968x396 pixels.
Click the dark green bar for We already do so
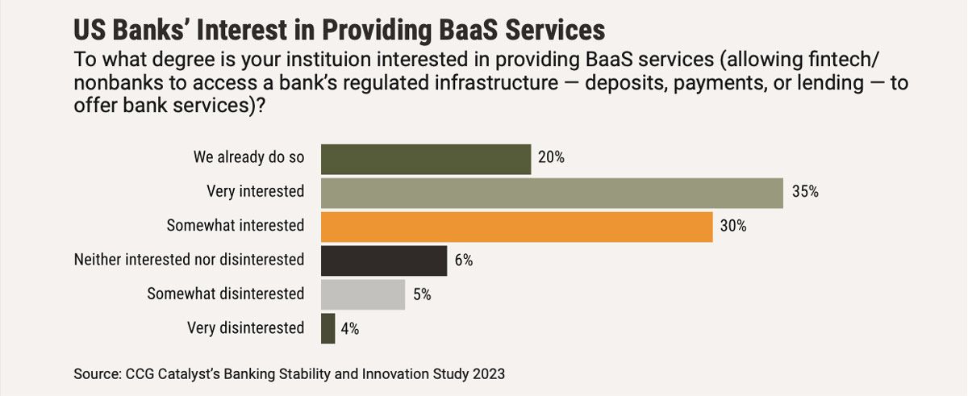pyautogui.click(x=426, y=159)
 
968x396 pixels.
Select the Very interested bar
pyautogui.click(x=552, y=193)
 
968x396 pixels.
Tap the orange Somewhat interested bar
pyautogui.click(x=516, y=227)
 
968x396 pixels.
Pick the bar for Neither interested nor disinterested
pyautogui.click(x=384, y=261)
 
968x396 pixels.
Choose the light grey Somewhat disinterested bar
pyautogui.click(x=363, y=294)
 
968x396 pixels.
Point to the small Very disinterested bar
pyautogui.click(x=328, y=328)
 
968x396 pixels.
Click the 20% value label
pyautogui.click(x=551, y=158)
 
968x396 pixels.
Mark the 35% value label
pyautogui.click(x=805, y=193)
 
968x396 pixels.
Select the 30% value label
pyautogui.click(x=733, y=227)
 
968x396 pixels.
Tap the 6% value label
pyautogui.click(x=464, y=261)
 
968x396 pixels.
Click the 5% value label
pyautogui.click(x=422, y=294)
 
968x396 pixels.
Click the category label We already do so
pyautogui.click(x=248, y=157)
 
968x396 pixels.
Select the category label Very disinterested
pyautogui.click(x=245, y=327)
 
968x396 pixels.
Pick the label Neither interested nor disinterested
pyautogui.click(x=189, y=260)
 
